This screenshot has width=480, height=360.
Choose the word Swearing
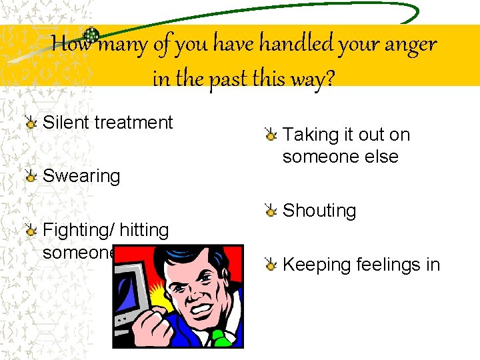(81, 177)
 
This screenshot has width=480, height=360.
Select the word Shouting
(319, 211)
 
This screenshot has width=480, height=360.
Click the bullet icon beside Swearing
(31, 176)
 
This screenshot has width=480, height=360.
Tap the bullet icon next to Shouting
(271, 211)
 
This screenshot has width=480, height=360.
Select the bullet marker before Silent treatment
(31, 122)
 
